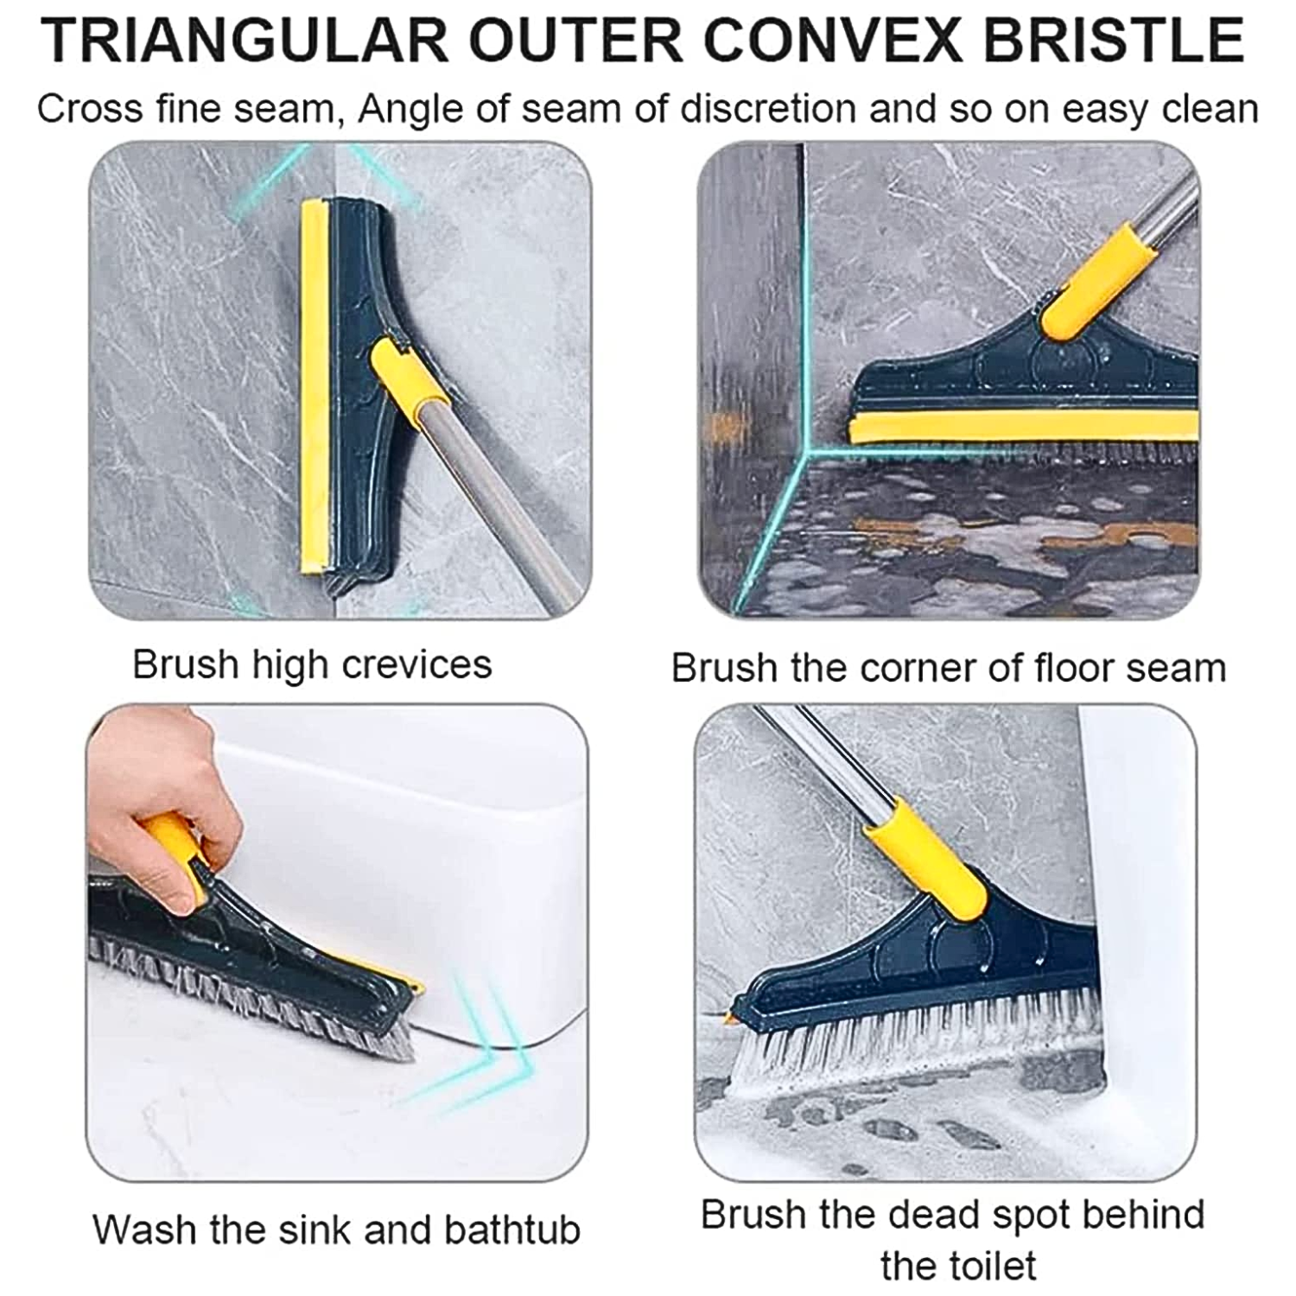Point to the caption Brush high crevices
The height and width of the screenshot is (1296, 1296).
pyautogui.click(x=312, y=664)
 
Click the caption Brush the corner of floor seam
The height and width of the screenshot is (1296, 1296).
pyautogui.click(x=948, y=668)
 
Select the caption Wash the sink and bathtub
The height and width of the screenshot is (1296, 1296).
pyautogui.click(x=336, y=1229)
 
